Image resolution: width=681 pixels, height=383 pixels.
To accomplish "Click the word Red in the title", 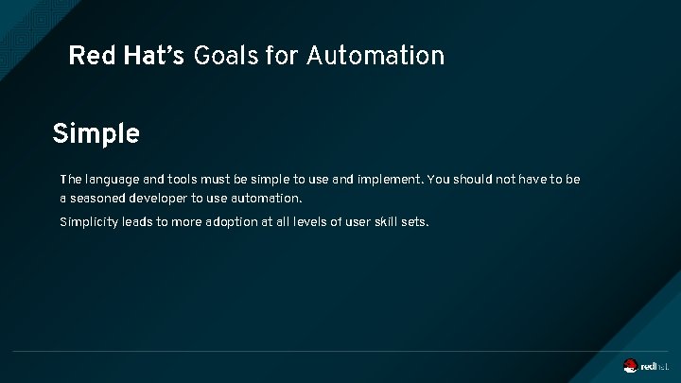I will [x=90, y=56].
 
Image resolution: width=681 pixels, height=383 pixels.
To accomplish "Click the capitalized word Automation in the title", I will [x=375, y=56].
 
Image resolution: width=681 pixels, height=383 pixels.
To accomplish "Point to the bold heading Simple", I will [x=96, y=134].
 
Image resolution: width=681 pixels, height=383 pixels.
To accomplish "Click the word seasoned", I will [x=99, y=199].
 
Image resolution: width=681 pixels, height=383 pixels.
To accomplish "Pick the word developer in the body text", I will [x=161, y=199].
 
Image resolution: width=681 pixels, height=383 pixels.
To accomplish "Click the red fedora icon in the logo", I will [x=631, y=365].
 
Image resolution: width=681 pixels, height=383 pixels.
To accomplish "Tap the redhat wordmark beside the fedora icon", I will [x=655, y=366].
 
